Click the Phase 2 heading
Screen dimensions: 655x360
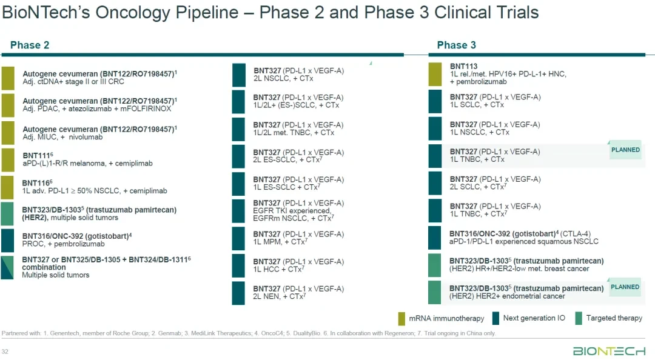[x=30, y=45]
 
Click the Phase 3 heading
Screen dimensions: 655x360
[x=456, y=45]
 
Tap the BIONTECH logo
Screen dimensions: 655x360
[x=609, y=352]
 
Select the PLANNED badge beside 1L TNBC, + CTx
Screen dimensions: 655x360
[x=625, y=150]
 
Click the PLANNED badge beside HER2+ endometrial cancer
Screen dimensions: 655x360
[x=625, y=287]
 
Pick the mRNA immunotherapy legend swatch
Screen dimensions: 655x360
[x=401, y=318]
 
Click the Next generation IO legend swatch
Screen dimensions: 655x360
[x=495, y=318]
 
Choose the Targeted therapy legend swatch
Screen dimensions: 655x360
[x=579, y=318]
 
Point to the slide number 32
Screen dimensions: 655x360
[x=5, y=352]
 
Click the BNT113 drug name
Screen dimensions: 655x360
[x=463, y=66]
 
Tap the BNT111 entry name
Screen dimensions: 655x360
[x=36, y=156]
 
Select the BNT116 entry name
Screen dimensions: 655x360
[x=36, y=183]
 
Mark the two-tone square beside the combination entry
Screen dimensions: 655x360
[x=7, y=268]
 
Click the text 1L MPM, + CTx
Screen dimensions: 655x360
[x=278, y=242]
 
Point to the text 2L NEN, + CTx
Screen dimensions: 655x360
[x=279, y=296]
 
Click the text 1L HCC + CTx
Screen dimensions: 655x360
[x=278, y=269]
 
